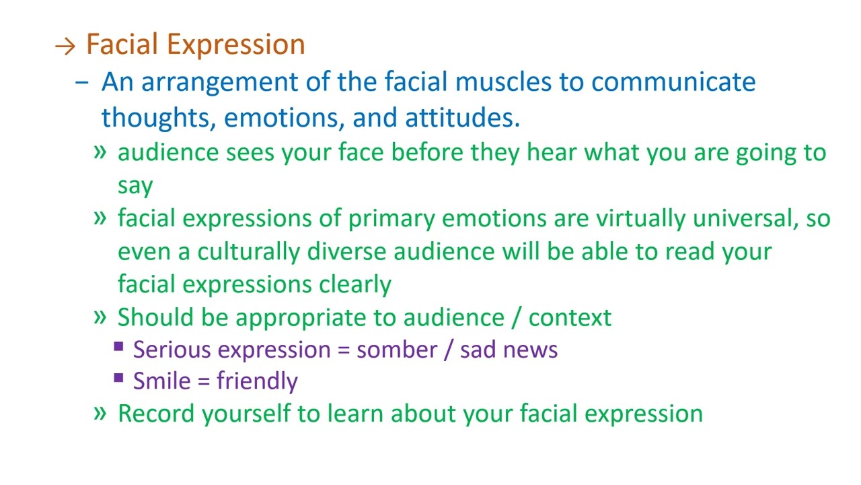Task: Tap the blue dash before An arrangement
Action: [x=82, y=83]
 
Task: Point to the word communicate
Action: [x=673, y=82]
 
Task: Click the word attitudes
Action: [x=462, y=117]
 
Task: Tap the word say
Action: [x=135, y=185]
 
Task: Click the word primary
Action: [x=391, y=218]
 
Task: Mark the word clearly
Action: [x=354, y=284]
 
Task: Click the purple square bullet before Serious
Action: [x=119, y=347]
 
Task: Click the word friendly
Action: [x=257, y=381]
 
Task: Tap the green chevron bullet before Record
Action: [x=100, y=412]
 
